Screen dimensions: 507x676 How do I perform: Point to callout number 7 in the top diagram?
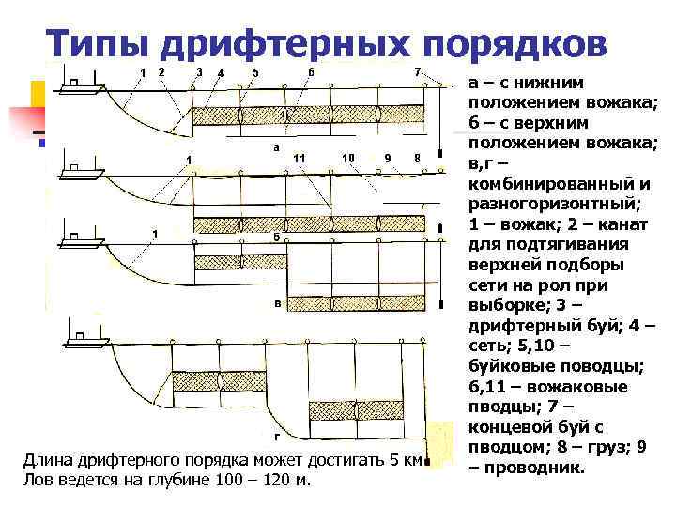pyautogui.click(x=417, y=71)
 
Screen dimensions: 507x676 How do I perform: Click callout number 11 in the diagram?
pyautogui.click(x=300, y=157)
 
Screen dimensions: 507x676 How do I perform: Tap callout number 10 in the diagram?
pyautogui.click(x=347, y=157)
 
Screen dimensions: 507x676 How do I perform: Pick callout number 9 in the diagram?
pyautogui.click(x=388, y=158)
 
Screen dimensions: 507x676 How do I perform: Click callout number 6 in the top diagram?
pyautogui.click(x=311, y=71)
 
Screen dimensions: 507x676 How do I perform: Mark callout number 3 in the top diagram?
pyautogui.click(x=199, y=72)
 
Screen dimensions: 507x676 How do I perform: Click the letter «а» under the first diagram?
pyautogui.click(x=275, y=147)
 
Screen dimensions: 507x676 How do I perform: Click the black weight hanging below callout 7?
pyautogui.click(x=439, y=152)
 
